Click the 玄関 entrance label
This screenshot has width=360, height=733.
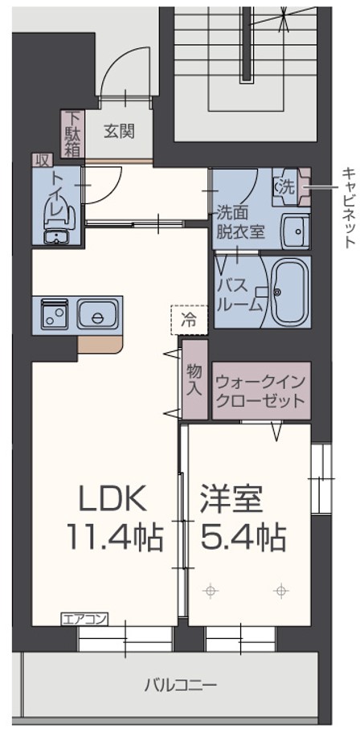coord(119,132)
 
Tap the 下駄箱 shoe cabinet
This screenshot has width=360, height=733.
coord(72,133)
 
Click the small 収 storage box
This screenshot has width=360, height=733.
coord(42,160)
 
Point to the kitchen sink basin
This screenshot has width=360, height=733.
coord(97,314)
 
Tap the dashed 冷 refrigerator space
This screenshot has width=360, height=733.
coord(189,320)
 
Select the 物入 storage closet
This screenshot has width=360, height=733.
coord(194,379)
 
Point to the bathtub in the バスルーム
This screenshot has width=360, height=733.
coord(290,292)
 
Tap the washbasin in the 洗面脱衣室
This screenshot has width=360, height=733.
coord(295,231)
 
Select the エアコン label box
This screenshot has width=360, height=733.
coord(84,620)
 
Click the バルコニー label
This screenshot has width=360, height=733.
coord(180,686)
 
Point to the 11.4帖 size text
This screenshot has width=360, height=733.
coord(115,538)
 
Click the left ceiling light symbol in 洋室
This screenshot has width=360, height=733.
coord(211,592)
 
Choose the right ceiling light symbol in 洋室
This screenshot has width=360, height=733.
coord(280,592)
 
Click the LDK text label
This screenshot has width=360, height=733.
coord(113,498)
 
